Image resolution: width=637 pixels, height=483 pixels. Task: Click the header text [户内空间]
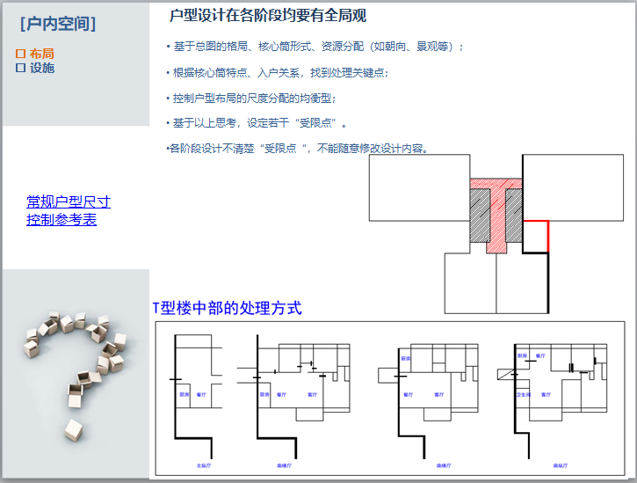coord(58,23)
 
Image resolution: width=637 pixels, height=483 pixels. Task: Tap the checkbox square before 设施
coord(20,68)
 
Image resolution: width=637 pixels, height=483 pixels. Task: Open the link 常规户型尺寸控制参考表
coord(68,211)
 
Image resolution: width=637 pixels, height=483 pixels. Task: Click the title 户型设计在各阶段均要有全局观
coord(268,16)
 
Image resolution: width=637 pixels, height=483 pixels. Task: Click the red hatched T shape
coord(496,211)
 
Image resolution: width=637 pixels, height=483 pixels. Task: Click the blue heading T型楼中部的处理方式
coord(227,308)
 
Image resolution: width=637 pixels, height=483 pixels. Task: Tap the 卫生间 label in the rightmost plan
coord(523,395)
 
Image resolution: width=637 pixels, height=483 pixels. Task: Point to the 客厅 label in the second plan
coord(311,395)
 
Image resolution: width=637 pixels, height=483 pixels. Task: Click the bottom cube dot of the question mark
coord(75,429)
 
